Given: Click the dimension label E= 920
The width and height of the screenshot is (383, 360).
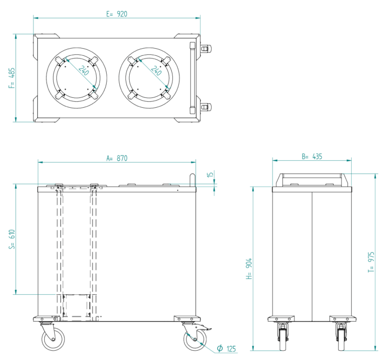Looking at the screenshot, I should (117, 14).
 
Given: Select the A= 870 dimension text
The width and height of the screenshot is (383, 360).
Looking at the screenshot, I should (117, 158).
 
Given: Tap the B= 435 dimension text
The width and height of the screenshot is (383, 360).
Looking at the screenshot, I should (312, 156).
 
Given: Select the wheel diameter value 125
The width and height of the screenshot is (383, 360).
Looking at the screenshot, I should (230, 349).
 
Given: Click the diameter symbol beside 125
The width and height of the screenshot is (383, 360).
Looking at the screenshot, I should (219, 348).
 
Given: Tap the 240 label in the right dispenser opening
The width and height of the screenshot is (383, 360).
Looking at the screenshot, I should (156, 71).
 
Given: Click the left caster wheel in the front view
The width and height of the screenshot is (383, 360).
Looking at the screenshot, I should (53, 339).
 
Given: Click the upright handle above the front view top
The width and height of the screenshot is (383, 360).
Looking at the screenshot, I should (191, 180).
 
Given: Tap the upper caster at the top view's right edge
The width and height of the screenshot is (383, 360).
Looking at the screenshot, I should (205, 49).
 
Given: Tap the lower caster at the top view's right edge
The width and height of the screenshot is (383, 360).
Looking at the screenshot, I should (205, 107).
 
